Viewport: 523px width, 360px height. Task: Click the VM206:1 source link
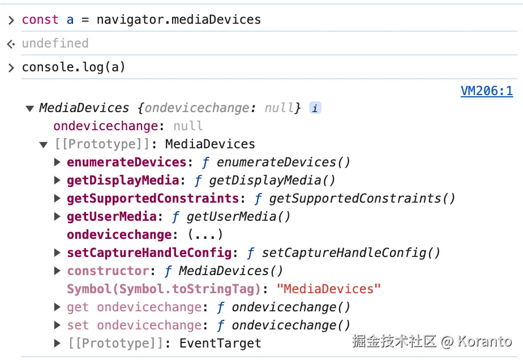point(487,91)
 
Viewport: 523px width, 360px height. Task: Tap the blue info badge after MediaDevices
point(315,108)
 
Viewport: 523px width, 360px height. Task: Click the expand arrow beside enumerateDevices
point(57,162)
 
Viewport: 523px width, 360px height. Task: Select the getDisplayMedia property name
point(123,181)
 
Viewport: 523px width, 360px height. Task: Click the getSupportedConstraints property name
point(153,199)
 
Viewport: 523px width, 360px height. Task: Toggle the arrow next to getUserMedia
point(57,217)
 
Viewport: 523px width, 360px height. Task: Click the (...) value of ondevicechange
point(205,235)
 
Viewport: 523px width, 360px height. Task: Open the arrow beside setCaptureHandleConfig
point(57,253)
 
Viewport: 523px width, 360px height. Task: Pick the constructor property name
point(108,271)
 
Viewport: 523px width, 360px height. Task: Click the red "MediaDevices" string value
point(329,289)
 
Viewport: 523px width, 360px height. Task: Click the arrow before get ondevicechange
point(57,307)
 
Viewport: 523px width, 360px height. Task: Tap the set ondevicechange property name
point(134,325)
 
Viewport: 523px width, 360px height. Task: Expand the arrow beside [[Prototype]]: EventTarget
point(57,343)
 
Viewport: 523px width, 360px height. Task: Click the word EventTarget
point(220,344)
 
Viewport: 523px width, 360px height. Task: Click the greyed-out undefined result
point(55,44)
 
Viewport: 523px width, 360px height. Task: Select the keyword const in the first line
point(40,20)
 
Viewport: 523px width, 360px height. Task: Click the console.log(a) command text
point(74,67)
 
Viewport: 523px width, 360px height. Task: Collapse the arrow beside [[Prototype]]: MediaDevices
point(44,144)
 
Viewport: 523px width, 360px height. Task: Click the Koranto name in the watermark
point(485,341)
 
